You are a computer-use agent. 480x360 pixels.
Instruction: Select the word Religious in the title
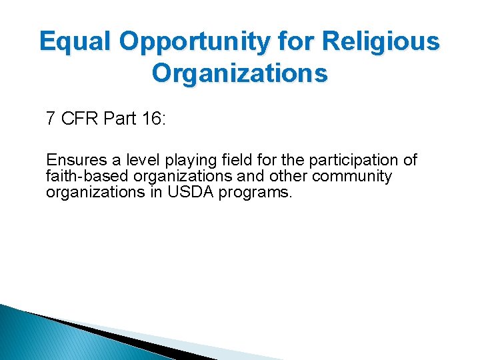[380, 41]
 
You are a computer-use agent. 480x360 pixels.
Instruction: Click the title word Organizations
[240, 72]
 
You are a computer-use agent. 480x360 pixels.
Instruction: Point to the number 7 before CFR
[51, 119]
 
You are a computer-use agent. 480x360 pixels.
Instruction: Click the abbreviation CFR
[79, 119]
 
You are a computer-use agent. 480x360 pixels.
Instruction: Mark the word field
[233, 161]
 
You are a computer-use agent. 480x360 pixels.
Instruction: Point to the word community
[352, 177]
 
